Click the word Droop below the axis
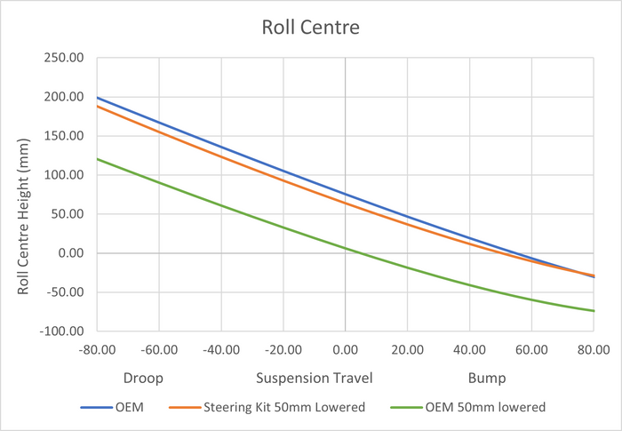tap(143, 378)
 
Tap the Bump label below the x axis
tap(487, 378)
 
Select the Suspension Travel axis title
tap(314, 378)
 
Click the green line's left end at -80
tap(97, 159)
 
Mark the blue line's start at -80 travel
tap(97, 98)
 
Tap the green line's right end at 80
tap(594, 311)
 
